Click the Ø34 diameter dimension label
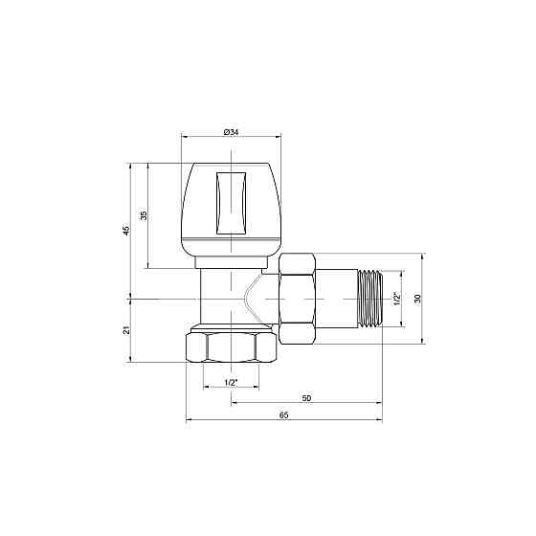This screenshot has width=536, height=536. pos(231,132)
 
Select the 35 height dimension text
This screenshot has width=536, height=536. pos(144,215)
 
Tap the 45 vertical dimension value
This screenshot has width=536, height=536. pos(126,230)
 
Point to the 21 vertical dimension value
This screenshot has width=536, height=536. pos(126,330)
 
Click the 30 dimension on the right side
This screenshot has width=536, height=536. pos(417,299)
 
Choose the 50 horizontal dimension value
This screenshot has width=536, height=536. pos(306,398)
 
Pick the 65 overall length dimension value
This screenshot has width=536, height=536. pos(283,415)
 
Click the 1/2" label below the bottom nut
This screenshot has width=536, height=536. pos(231,383)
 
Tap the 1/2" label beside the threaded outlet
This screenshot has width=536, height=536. pos(397,299)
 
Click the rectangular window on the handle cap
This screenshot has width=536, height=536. pos(231,203)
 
